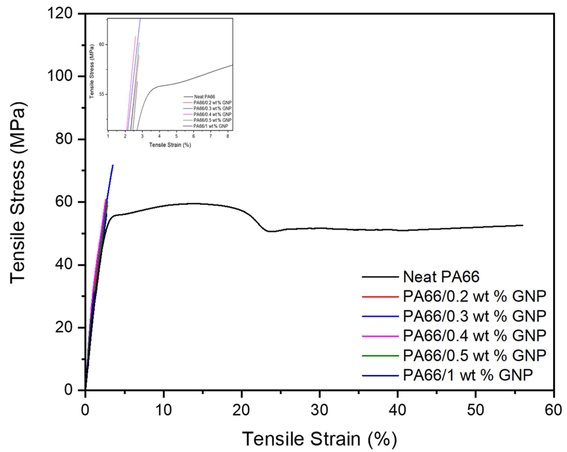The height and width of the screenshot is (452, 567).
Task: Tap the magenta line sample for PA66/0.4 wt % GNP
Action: click(x=380, y=336)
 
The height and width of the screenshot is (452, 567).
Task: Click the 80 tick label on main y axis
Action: click(x=64, y=139)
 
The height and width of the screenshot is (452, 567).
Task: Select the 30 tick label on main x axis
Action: click(x=319, y=410)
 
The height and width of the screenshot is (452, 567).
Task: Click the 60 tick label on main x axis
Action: click(x=553, y=410)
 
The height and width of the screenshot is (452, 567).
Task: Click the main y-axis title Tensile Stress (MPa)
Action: click(x=18, y=193)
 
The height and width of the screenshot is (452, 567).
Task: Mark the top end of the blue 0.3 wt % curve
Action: click(x=113, y=165)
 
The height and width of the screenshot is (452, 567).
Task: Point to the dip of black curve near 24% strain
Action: click(x=271, y=231)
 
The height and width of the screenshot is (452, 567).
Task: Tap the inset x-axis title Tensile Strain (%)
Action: click(x=170, y=145)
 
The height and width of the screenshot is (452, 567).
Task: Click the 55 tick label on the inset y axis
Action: click(x=102, y=94)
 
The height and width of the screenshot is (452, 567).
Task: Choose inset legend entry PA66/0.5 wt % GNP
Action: click(x=212, y=120)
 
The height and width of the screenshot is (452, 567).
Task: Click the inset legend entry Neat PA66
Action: click(x=204, y=97)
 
